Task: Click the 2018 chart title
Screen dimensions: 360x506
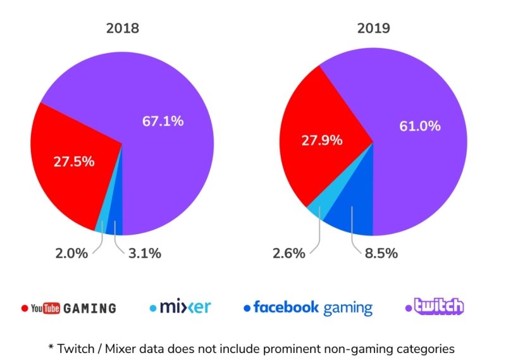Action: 122,28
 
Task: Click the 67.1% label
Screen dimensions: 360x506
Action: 163,121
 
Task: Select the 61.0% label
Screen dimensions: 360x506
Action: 419,126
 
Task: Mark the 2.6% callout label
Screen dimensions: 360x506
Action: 288,254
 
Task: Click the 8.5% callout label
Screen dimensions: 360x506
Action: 381,254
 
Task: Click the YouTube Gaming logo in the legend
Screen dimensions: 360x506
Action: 70,308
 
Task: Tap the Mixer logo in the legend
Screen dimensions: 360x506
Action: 181,307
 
